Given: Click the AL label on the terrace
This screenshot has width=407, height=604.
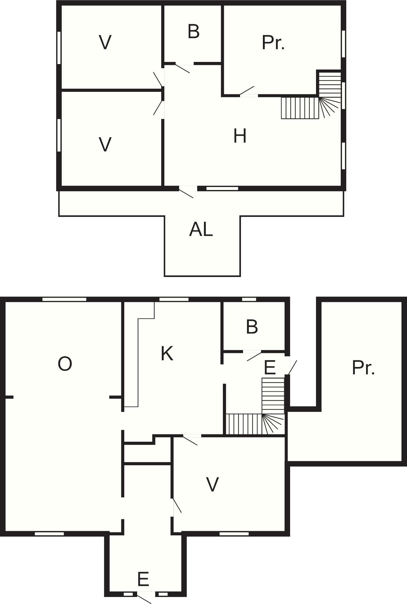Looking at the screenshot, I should (201, 229).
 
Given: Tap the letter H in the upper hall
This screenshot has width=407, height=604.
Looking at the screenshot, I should (240, 136).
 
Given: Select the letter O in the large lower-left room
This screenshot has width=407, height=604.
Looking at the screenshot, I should (65, 364).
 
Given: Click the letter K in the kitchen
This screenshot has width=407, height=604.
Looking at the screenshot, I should (167, 354).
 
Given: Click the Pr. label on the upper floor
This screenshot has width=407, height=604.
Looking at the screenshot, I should (273, 43).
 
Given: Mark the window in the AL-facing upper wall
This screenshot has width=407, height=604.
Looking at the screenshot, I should (222, 189).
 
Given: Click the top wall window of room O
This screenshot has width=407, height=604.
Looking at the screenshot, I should (64, 299).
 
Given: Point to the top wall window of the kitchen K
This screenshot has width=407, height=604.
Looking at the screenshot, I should (174, 299).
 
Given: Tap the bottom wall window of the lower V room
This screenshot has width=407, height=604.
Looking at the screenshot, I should (234, 534).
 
